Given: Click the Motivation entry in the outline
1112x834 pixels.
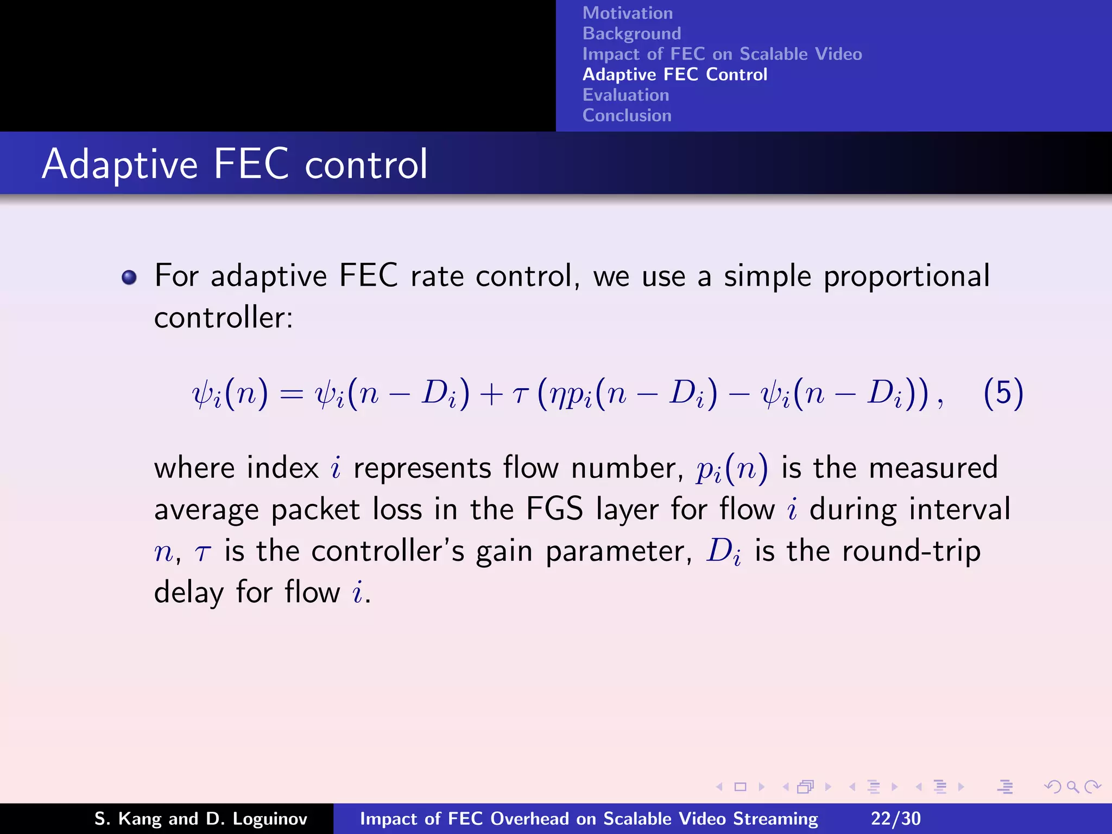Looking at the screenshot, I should click(x=627, y=13).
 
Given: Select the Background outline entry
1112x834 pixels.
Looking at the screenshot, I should click(x=631, y=34).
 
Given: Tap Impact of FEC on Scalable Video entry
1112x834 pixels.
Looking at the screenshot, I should click(x=722, y=54).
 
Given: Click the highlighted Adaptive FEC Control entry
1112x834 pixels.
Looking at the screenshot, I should click(x=674, y=74).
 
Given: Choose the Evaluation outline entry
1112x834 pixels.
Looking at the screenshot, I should click(x=625, y=95).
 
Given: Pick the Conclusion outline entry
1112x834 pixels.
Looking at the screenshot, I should click(x=627, y=116).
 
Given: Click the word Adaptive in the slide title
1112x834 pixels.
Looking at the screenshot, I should click(x=120, y=164).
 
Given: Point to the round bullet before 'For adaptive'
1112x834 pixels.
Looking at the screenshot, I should click(x=129, y=277).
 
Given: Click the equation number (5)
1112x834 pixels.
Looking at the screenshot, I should click(x=1003, y=393).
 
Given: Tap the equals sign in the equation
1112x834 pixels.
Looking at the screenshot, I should click(x=291, y=395).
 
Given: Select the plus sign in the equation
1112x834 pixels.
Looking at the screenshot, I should click(x=491, y=395).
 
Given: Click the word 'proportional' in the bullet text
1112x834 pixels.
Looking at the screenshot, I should click(x=906, y=277).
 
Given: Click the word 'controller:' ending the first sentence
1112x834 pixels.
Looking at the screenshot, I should click(x=223, y=318).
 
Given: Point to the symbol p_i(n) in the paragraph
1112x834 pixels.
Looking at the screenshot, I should click(x=731, y=469).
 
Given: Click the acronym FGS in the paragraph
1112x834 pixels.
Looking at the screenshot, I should click(x=554, y=509).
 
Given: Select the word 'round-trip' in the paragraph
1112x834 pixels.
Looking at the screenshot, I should click(x=911, y=551).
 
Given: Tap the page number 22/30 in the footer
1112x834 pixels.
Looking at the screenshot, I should click(x=895, y=818).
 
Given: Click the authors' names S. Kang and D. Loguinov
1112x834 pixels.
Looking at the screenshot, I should click(x=200, y=818).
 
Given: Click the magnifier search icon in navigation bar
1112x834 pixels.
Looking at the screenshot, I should click(x=1072, y=787).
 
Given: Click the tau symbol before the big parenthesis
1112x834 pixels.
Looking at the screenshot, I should click(x=520, y=395).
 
